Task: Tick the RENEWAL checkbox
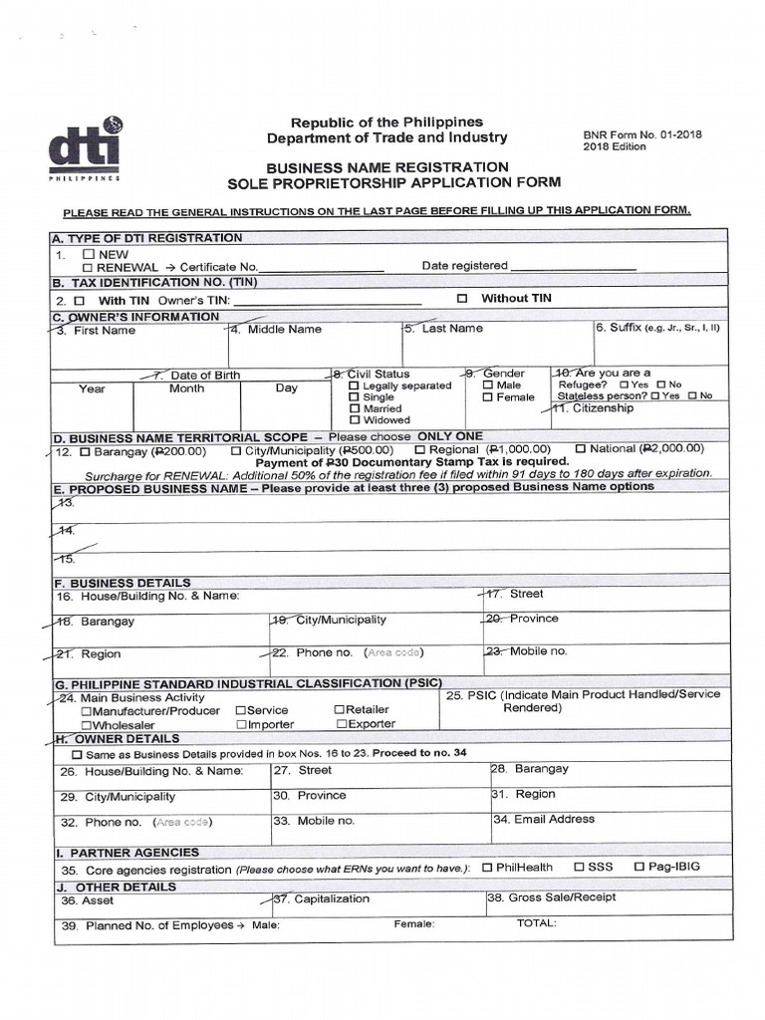pyautogui.click(x=89, y=267)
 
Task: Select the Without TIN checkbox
pyautogui.click(x=461, y=299)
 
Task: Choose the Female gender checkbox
pyautogui.click(x=488, y=397)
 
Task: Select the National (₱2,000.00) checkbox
pyautogui.click(x=581, y=449)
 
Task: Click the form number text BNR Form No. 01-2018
pyautogui.click(x=642, y=134)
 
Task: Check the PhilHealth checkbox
pyautogui.click(x=487, y=868)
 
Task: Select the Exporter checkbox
pyautogui.click(x=342, y=724)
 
